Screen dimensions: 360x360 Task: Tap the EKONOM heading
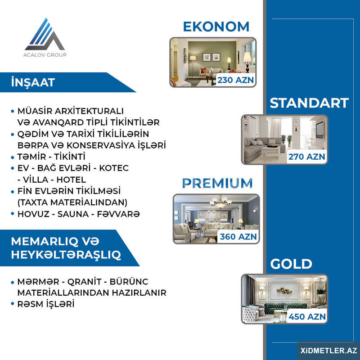[216, 27]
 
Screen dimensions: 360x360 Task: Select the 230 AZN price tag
[235, 80]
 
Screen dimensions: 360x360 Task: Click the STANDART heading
[309, 103]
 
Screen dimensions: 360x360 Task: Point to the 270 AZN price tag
[306, 157]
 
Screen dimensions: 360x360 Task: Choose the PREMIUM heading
[217, 183]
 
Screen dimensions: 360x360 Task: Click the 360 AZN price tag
[238, 237]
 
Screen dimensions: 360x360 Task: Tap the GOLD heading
[291, 264]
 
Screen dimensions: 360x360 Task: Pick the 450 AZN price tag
[307, 317]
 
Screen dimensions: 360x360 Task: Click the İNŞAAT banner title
[33, 82]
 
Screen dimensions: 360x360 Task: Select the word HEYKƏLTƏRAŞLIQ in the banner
[66, 255]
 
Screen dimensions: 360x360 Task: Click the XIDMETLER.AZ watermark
[329, 351]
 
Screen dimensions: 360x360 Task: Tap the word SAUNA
[73, 214]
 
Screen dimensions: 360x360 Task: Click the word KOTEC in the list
[114, 168]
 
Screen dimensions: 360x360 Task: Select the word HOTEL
[71, 180]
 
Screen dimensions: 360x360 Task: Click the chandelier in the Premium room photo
[220, 202]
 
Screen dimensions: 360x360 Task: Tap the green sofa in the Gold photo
[285, 306]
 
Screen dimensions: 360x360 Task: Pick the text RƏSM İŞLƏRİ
[46, 304]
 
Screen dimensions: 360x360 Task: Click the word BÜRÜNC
[129, 282]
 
